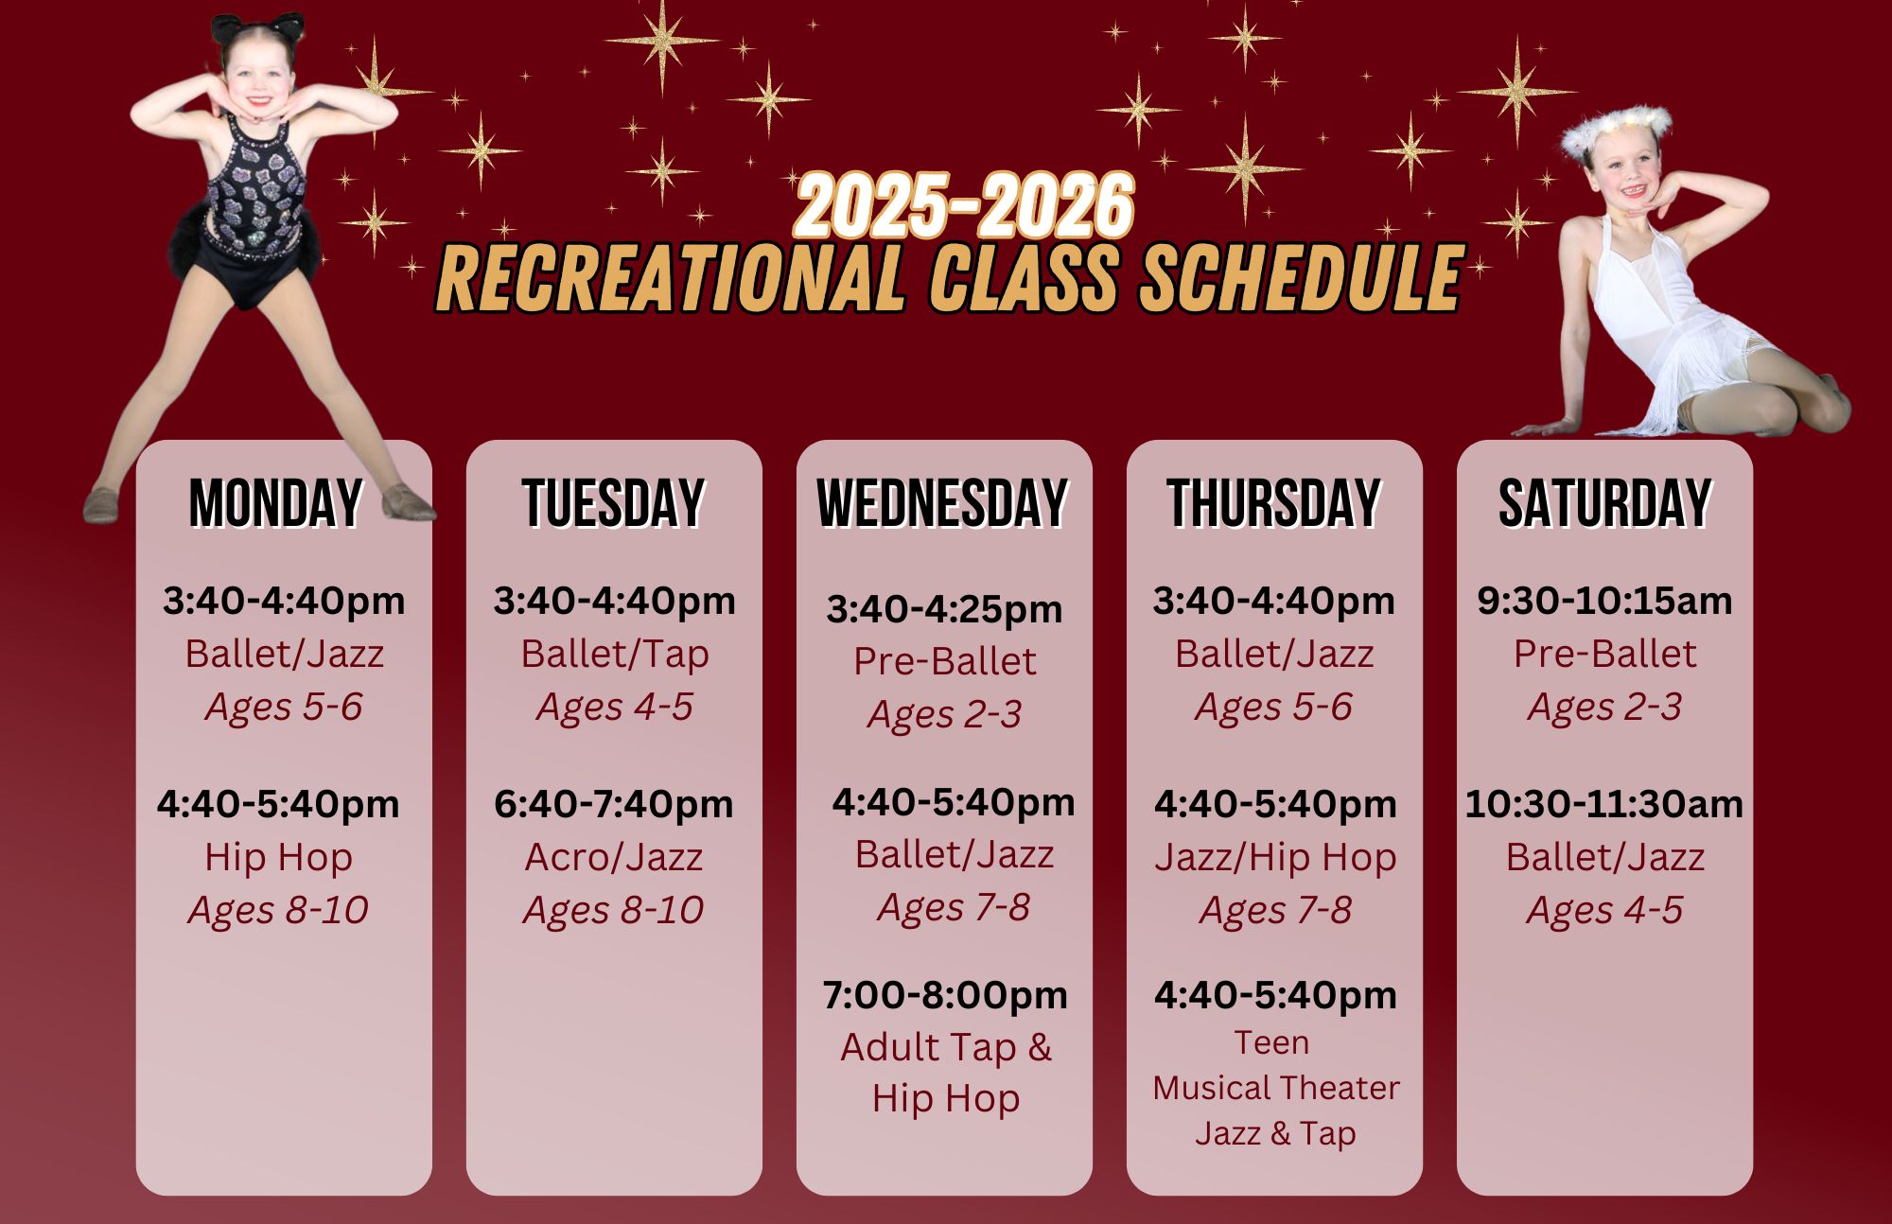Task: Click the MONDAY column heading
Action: (x=276, y=502)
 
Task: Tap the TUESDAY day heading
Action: (x=614, y=502)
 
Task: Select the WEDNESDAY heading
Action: (x=944, y=502)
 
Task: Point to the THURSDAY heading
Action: (x=1274, y=502)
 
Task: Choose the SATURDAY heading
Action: (x=1605, y=502)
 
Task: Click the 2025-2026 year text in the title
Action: (x=964, y=205)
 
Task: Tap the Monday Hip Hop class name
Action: (x=279, y=858)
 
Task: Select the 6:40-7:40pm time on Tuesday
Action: (x=614, y=804)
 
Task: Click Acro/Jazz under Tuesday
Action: (x=614, y=857)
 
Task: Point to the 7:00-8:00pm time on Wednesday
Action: (x=945, y=995)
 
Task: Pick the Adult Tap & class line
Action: (x=946, y=1047)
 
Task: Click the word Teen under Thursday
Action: (x=1272, y=1042)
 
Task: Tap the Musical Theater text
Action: (x=1276, y=1088)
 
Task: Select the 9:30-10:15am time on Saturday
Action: (x=1605, y=601)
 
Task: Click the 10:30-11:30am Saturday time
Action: (x=1604, y=804)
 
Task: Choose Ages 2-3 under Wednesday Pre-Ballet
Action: (x=945, y=715)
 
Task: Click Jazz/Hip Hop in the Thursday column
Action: (x=1275, y=858)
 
